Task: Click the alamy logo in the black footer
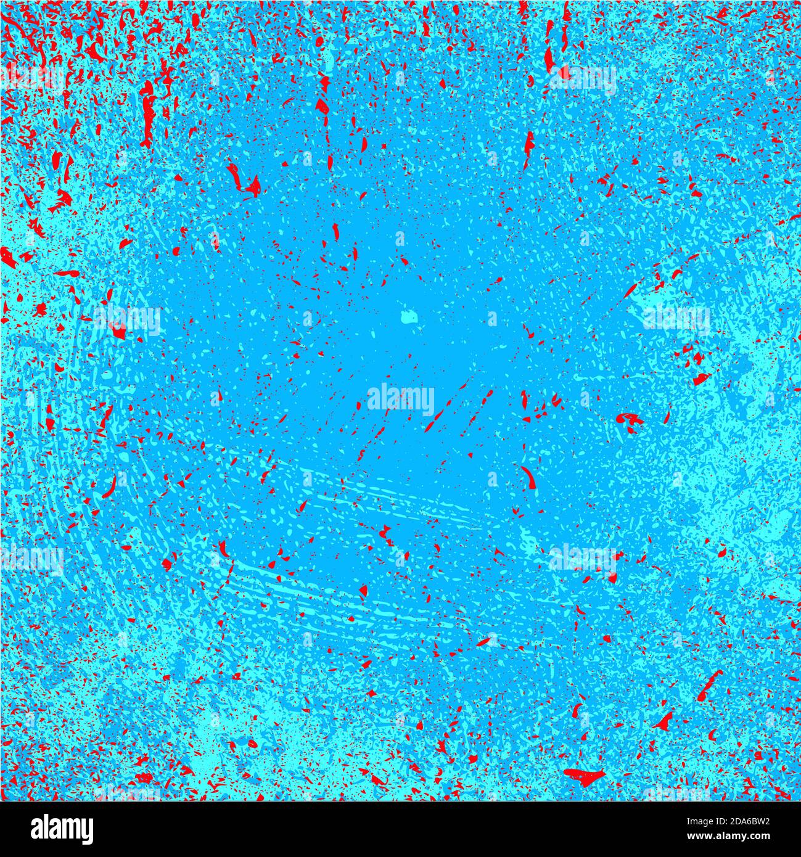pyautogui.click(x=62, y=829)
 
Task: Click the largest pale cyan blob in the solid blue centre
pyautogui.click(x=408, y=317)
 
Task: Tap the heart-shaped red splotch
pyautogui.click(x=630, y=420)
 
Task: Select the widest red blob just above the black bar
pyautogui.click(x=582, y=774)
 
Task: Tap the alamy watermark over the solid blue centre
pyautogui.click(x=401, y=399)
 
